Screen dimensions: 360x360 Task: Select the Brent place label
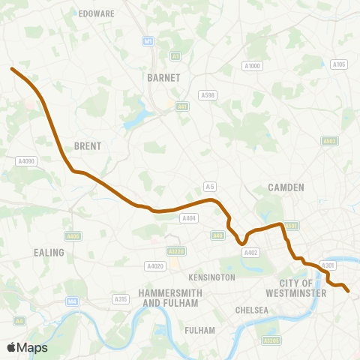point(88,146)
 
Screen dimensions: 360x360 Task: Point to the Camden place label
point(286,187)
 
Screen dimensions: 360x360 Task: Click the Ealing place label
point(49,253)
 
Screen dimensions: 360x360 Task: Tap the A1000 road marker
point(252,67)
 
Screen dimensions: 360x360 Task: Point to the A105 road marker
point(339,64)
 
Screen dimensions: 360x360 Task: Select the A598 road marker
point(208,94)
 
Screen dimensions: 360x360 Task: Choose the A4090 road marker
point(25,160)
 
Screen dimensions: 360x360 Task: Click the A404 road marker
point(189,218)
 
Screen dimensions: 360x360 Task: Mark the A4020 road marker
point(154,265)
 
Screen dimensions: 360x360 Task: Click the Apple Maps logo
point(27,347)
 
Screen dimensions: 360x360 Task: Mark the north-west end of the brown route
point(12,69)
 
